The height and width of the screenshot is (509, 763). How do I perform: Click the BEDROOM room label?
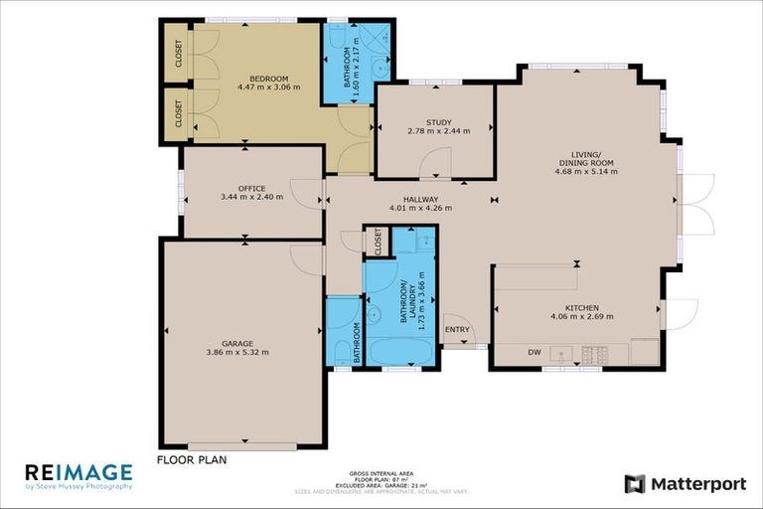click(x=268, y=79)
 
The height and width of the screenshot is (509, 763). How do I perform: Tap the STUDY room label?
click(x=438, y=122)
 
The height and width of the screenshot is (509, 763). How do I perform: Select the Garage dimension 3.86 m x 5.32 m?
click(x=236, y=352)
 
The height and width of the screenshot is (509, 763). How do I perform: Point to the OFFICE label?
click(x=251, y=188)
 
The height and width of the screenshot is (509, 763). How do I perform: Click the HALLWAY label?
click(x=421, y=199)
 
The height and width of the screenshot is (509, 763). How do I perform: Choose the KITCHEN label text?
click(x=581, y=307)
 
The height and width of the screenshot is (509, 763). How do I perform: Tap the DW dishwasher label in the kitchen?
click(x=534, y=352)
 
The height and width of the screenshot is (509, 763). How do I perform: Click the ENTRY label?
click(x=457, y=329)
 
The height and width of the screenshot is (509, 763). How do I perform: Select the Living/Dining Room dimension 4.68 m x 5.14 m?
click(x=586, y=171)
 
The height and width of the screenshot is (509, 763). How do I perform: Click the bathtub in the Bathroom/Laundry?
click(x=401, y=352)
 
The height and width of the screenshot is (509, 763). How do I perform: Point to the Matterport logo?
click(x=685, y=484)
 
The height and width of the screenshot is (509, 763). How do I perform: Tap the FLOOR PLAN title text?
click(x=192, y=459)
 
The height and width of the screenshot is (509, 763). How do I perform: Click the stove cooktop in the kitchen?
click(x=596, y=353)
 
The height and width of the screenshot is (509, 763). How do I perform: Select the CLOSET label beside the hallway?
click(x=378, y=241)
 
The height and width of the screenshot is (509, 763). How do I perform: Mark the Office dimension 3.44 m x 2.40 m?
click(x=251, y=197)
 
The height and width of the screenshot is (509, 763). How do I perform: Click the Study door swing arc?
click(x=435, y=163)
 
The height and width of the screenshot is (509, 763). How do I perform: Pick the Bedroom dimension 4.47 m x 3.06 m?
click(x=268, y=87)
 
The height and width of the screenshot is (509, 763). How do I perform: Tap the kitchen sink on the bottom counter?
click(x=561, y=353)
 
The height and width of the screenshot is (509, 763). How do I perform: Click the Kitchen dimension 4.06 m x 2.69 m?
click(x=581, y=317)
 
